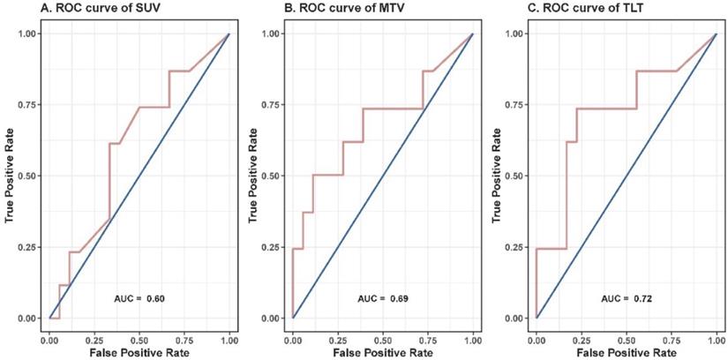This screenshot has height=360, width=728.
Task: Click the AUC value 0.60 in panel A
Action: coord(156,300)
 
